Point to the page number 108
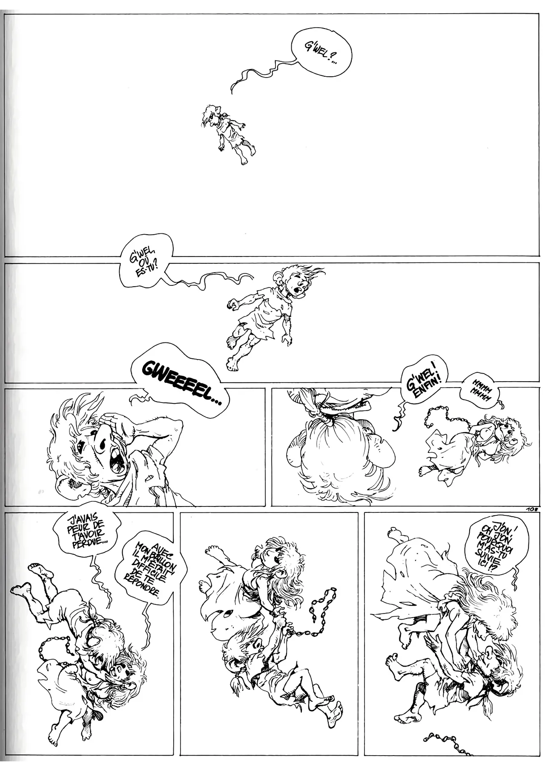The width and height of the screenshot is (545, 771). [532, 508]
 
